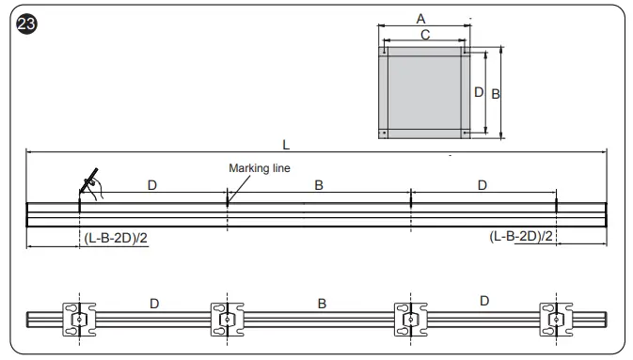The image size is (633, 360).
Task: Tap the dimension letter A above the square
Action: coord(420,19)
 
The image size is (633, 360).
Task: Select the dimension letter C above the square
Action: coord(425,35)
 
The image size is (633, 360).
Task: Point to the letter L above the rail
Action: coord(285,144)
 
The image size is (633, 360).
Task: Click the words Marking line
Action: coord(260,168)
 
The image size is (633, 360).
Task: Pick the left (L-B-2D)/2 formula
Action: coord(116,238)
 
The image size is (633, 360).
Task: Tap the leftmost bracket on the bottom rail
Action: coord(79,321)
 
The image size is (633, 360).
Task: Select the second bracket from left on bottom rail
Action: coord(227,321)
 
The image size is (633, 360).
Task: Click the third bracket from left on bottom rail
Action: coord(408,321)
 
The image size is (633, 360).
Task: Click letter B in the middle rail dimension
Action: coord(319,186)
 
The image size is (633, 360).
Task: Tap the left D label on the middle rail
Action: coord(152,186)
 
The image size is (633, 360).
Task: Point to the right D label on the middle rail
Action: coord(483,186)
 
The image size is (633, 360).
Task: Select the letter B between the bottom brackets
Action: coord(322,304)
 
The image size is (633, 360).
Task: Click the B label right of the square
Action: coord(495,94)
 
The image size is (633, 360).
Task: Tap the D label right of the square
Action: coord(478,92)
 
